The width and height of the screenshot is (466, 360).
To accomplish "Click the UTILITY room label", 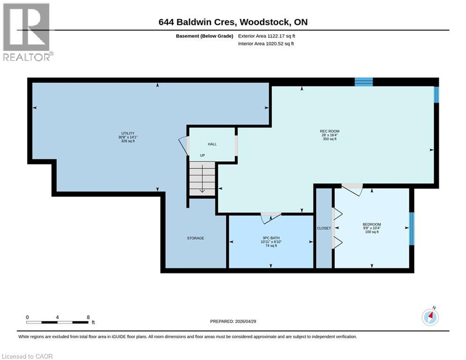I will coord(128,134).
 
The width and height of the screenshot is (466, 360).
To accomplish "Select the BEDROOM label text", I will coord(372,225).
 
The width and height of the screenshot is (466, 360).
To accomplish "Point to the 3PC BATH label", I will coord(271,238).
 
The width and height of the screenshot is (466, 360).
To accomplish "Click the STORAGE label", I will coord(195,238).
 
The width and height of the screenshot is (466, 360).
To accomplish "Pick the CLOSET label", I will coord(324,228).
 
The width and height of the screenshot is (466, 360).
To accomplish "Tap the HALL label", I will coord(212,144).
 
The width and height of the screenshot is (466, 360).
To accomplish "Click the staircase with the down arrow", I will coord(202,179).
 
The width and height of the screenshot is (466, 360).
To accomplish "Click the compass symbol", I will coord(430,317).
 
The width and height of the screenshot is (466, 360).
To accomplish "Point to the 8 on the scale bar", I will coord(88,317).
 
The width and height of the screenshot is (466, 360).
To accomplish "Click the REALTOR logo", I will coord(27,32).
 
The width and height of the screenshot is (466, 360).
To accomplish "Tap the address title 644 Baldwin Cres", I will coord(233,22).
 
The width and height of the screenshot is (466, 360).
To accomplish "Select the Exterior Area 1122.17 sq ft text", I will coord(266,36).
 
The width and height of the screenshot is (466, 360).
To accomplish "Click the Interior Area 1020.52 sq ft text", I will coord(266,44).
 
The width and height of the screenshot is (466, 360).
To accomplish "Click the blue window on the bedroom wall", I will coord(412,229).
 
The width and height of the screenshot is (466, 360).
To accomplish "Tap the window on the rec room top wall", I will coord(363,82).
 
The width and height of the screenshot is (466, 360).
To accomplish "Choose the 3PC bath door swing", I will coord(271,217).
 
